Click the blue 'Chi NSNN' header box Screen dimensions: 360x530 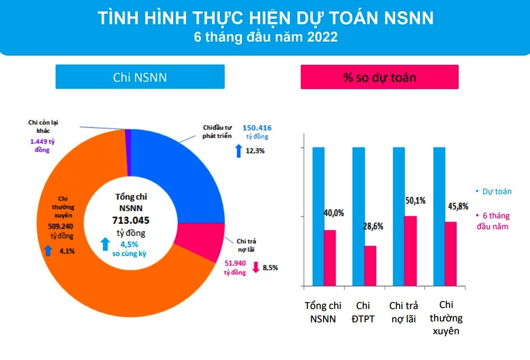(140, 77)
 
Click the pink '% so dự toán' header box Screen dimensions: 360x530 (380, 77)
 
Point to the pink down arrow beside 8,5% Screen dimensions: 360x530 (256, 267)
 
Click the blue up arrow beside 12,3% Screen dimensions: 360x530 (238, 150)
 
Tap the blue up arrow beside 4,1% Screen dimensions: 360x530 (48, 251)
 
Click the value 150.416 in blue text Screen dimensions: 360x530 (257, 127)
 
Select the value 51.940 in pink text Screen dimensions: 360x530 (235, 264)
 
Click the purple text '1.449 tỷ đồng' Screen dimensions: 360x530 (42, 145)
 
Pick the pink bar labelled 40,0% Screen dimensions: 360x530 (330, 258)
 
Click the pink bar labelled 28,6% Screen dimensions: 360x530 (370, 266)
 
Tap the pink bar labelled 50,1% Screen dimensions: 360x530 (411, 251)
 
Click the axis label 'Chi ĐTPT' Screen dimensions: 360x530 (363, 312)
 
